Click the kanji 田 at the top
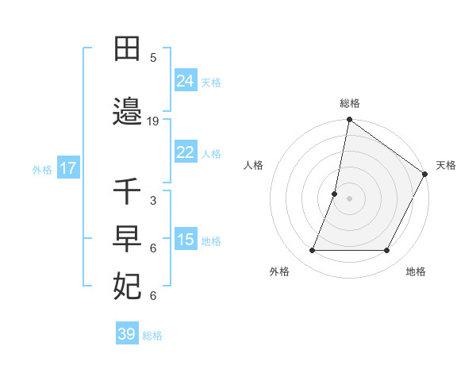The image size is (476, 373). (x=128, y=49)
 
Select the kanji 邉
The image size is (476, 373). (x=128, y=113)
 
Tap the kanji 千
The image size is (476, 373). (x=128, y=193)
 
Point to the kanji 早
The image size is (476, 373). (x=128, y=239)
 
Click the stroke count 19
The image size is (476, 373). (x=153, y=121)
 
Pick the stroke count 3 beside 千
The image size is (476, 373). (x=153, y=201)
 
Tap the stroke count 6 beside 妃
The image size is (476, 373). (x=153, y=296)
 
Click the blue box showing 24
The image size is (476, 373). (x=186, y=80)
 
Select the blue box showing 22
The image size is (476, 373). (x=186, y=152)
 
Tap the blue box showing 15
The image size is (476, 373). (x=186, y=240)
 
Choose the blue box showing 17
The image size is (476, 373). (x=67, y=168)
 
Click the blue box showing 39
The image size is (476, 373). (x=126, y=334)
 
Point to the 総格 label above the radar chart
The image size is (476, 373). (x=350, y=103)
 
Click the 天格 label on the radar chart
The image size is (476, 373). (x=446, y=165)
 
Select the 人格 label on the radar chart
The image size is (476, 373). (x=253, y=165)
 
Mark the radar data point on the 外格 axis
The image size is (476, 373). (x=312, y=251)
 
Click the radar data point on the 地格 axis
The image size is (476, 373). (x=387, y=251)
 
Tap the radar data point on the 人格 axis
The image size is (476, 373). (x=335, y=194)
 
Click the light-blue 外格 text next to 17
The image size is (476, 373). (x=42, y=169)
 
